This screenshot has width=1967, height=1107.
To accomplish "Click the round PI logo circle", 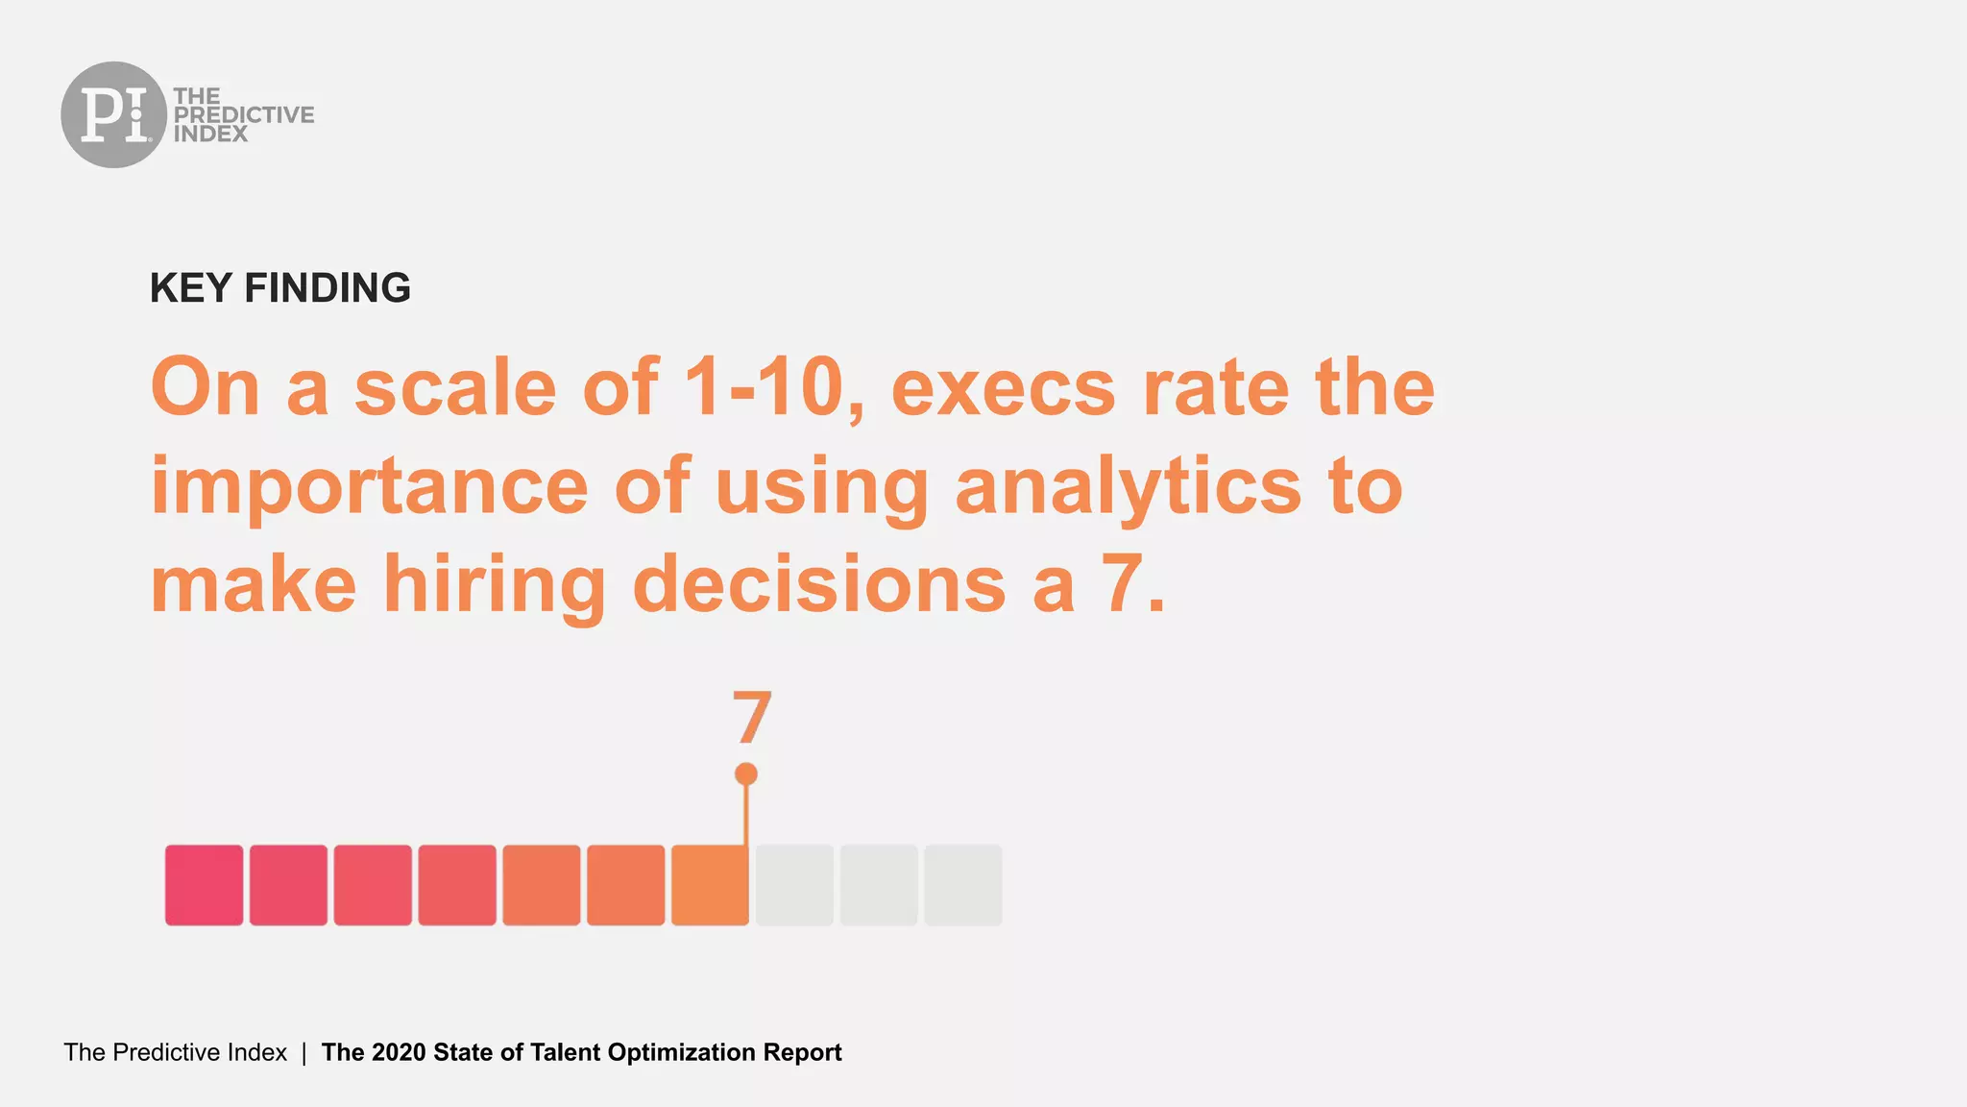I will pos(113,114).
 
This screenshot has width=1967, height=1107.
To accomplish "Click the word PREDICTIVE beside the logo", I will pos(243,114).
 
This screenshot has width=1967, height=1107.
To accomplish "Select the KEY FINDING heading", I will pos(279,288).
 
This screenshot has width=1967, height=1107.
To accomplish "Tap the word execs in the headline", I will pos(1003,387).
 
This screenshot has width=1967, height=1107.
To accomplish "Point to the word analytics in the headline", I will pos(1128,487).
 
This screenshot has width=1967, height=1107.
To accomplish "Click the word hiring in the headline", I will pos(494,585).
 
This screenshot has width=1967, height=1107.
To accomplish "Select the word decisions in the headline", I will pos(819,585).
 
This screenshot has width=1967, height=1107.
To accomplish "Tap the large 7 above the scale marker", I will pos(752,718).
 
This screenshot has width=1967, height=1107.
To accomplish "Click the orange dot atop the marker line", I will pos(746,775).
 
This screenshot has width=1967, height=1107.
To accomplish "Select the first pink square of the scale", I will pos(204,885).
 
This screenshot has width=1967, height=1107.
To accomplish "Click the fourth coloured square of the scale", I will pos(457,885).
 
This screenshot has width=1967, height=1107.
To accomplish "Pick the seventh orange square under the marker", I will pos(710,885).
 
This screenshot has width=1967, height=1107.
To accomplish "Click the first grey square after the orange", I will pos(794,885).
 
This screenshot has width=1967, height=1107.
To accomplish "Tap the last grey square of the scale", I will pos(963,885).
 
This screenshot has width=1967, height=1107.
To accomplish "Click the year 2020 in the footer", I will pos(399,1052).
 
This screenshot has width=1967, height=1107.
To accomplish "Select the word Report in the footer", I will pos(802,1052).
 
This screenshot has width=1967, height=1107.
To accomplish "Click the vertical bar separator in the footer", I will pos(304,1052).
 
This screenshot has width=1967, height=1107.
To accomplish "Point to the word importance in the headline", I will pos(369,487).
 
